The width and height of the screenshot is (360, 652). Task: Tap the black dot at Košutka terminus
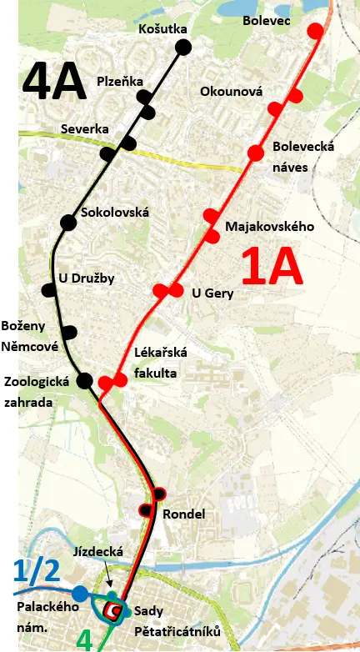tap(183, 47)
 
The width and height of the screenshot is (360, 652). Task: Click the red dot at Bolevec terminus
tap(315, 32)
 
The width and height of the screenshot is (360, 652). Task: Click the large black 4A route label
tap(54, 80)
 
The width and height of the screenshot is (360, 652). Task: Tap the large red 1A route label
tap(271, 266)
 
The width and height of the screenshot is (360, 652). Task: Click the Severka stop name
tap(85, 129)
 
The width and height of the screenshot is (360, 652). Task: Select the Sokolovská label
tap(115, 213)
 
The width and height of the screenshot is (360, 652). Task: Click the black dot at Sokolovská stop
tap(68, 222)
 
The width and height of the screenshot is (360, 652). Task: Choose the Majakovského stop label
tap(269, 226)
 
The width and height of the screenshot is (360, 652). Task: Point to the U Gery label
tap(212, 293)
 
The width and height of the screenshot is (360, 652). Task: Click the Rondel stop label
tap(184, 514)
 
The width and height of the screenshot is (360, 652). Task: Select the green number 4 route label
tap(85, 640)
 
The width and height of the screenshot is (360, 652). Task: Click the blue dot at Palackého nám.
tap(79, 593)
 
